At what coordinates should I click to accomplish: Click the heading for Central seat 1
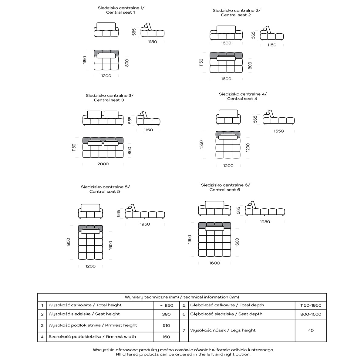121,10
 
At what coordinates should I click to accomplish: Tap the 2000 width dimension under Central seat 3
103,164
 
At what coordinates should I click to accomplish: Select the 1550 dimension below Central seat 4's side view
278,131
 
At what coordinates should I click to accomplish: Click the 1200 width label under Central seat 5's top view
90,266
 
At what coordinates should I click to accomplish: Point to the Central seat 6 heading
225,187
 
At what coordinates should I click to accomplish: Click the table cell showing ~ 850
166,305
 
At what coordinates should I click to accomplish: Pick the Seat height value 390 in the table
166,314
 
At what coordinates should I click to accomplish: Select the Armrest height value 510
166,325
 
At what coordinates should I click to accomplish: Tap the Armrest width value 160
166,337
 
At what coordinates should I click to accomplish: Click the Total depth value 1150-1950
311,305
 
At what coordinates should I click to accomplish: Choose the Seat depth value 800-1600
311,314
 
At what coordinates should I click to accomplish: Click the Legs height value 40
311,331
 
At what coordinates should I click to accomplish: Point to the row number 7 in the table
184,330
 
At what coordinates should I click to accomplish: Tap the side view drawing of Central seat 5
145,212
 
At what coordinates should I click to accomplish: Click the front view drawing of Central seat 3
103,118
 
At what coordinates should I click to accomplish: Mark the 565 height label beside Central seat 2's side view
254,35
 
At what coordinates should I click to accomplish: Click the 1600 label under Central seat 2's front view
226,43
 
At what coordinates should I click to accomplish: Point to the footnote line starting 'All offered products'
183,354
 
